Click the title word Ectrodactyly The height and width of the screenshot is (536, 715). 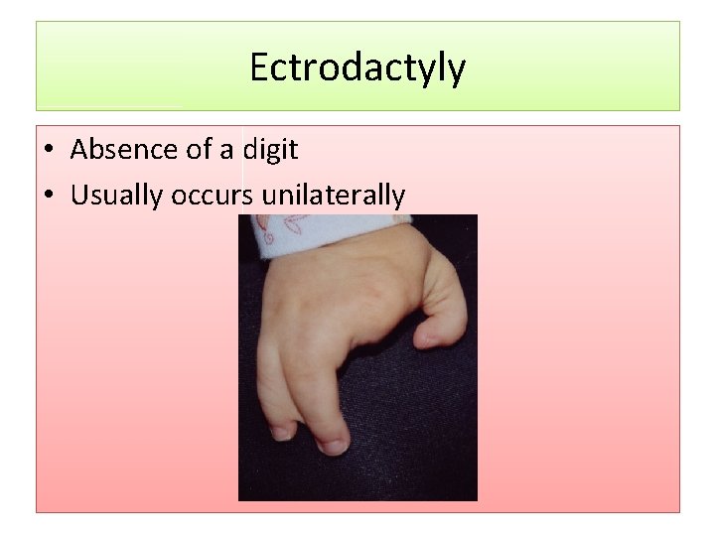(x=357, y=68)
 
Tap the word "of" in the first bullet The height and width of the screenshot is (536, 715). (x=197, y=150)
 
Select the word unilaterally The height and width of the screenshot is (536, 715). (x=333, y=196)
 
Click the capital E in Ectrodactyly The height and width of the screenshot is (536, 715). (x=258, y=67)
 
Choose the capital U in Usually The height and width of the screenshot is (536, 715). (x=78, y=196)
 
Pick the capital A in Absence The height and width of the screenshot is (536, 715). (x=80, y=150)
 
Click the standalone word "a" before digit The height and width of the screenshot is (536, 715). (x=226, y=151)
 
